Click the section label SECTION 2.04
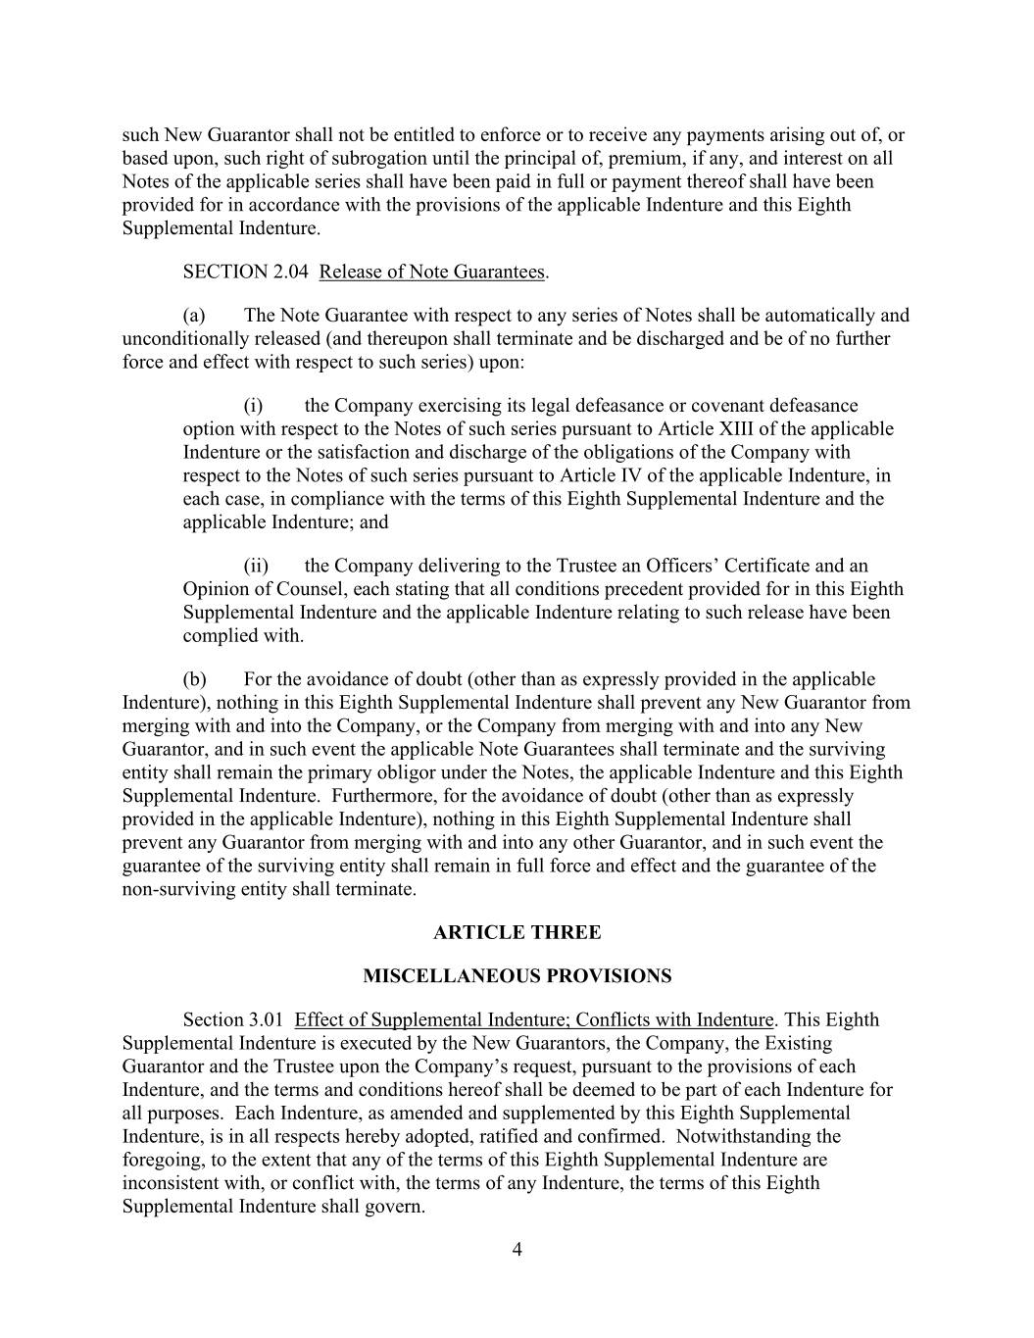(245, 272)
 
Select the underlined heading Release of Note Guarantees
(431, 272)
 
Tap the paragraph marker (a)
(194, 316)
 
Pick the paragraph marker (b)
(194, 679)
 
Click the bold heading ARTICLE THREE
(517, 932)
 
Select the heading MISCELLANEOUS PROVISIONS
(517, 976)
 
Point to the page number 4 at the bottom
(517, 1249)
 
